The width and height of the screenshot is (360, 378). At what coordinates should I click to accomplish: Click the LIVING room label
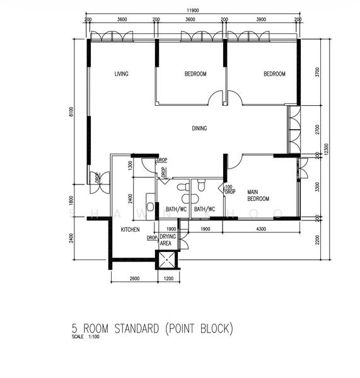coord(121,74)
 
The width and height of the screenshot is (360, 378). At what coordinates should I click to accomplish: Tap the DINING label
coord(199,129)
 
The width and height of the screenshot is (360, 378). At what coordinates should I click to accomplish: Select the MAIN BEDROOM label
coord(258,195)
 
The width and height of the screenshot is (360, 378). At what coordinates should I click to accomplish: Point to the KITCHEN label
coord(130,230)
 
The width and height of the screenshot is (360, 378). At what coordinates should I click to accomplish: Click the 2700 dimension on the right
coord(316,129)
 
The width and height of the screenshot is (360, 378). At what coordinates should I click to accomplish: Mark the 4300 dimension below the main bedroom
coord(260,229)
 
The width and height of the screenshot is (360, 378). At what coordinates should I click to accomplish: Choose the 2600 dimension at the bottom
coord(134,278)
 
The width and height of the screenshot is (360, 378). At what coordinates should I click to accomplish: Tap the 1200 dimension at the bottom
coord(168,278)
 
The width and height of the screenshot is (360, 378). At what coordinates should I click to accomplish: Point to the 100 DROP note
coord(229,190)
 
